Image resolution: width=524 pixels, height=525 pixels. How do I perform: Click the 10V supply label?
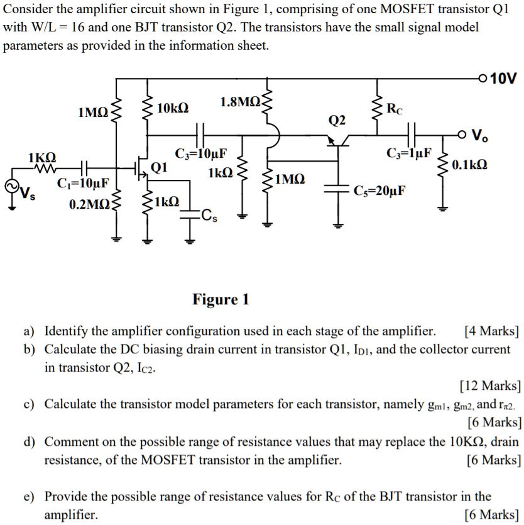coord(503,79)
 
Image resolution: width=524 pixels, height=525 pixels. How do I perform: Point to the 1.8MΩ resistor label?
coord(241,102)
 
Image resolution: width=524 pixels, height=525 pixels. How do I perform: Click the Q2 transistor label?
coord(337,119)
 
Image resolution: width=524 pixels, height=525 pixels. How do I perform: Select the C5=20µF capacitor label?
coord(380,191)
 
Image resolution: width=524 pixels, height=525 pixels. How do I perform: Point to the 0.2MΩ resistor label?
coord(89,204)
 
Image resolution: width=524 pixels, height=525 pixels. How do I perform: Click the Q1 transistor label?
coord(160,167)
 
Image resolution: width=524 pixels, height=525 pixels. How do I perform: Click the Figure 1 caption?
coord(221,299)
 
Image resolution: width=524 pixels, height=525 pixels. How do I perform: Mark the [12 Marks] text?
coord(490,385)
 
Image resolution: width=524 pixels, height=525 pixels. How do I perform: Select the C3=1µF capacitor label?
coord(409,153)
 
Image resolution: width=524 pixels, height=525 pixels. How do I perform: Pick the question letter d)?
coord(29,442)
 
